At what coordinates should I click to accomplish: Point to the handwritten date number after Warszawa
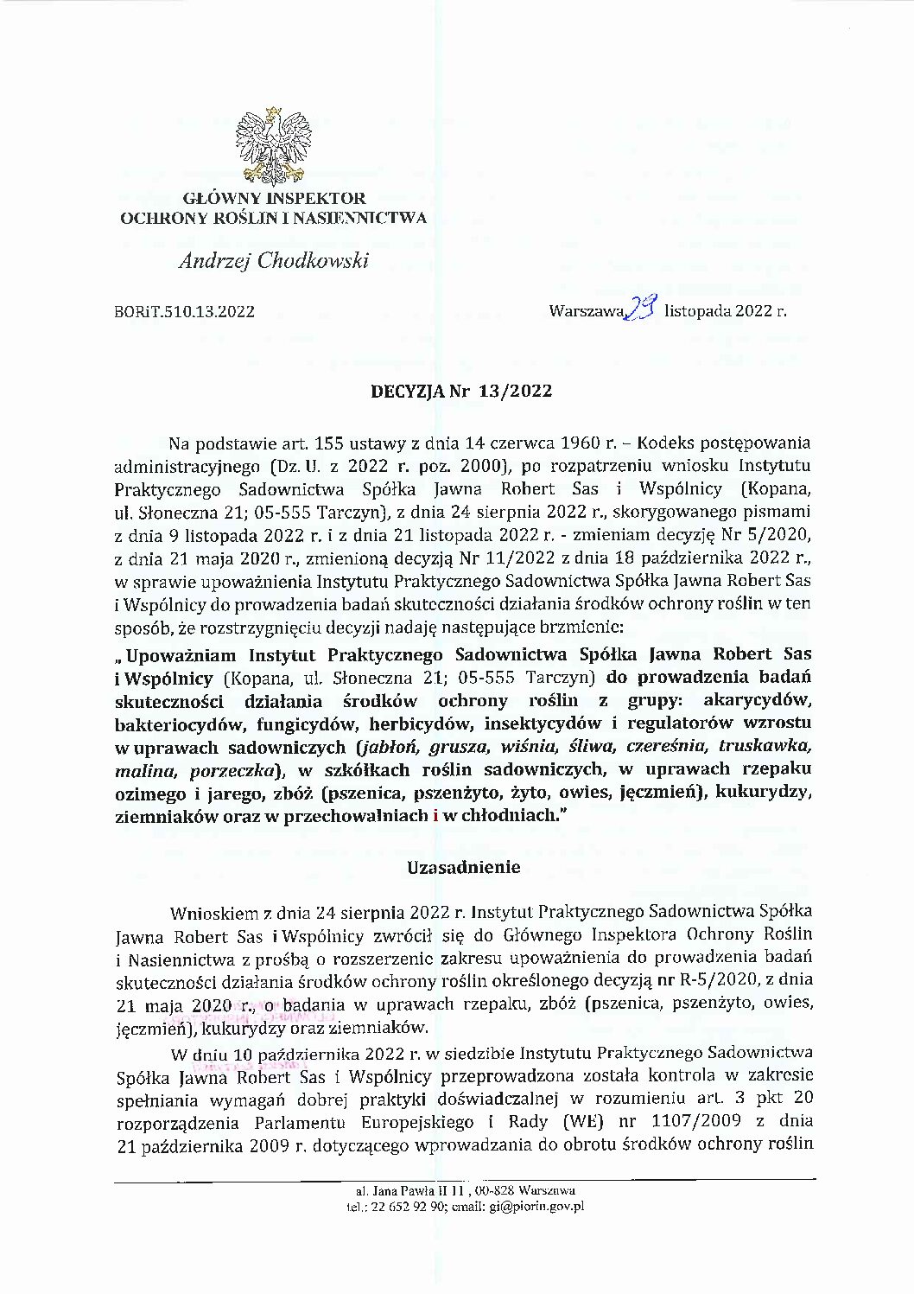(644, 306)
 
